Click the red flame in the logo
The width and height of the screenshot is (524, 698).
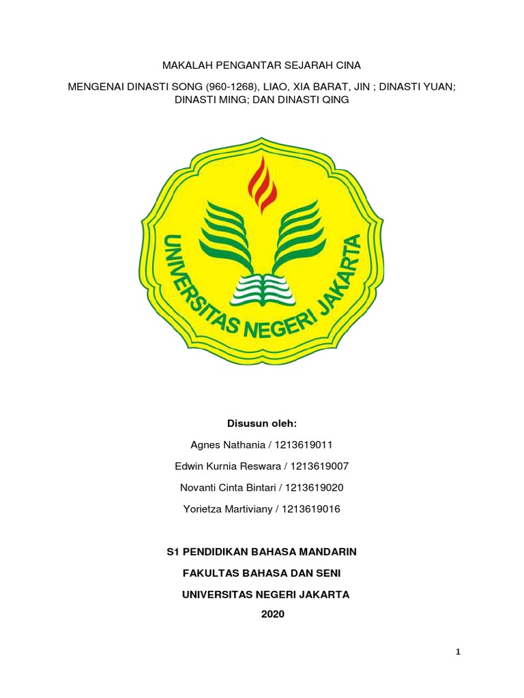coord(262,182)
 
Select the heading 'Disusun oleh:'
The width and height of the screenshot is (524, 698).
coord(262,423)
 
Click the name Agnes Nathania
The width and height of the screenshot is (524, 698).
coord(229,445)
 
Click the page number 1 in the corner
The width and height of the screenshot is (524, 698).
coord(458,652)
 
